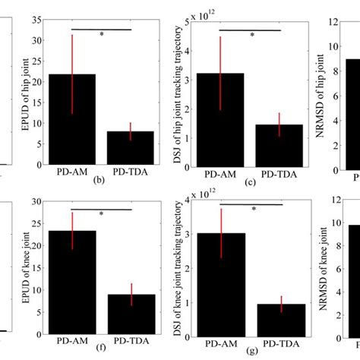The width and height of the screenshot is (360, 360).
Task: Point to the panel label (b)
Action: tap(99, 181)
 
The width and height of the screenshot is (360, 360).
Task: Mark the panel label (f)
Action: tap(99, 353)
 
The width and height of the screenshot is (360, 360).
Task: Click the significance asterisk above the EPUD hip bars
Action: tap(102, 35)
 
